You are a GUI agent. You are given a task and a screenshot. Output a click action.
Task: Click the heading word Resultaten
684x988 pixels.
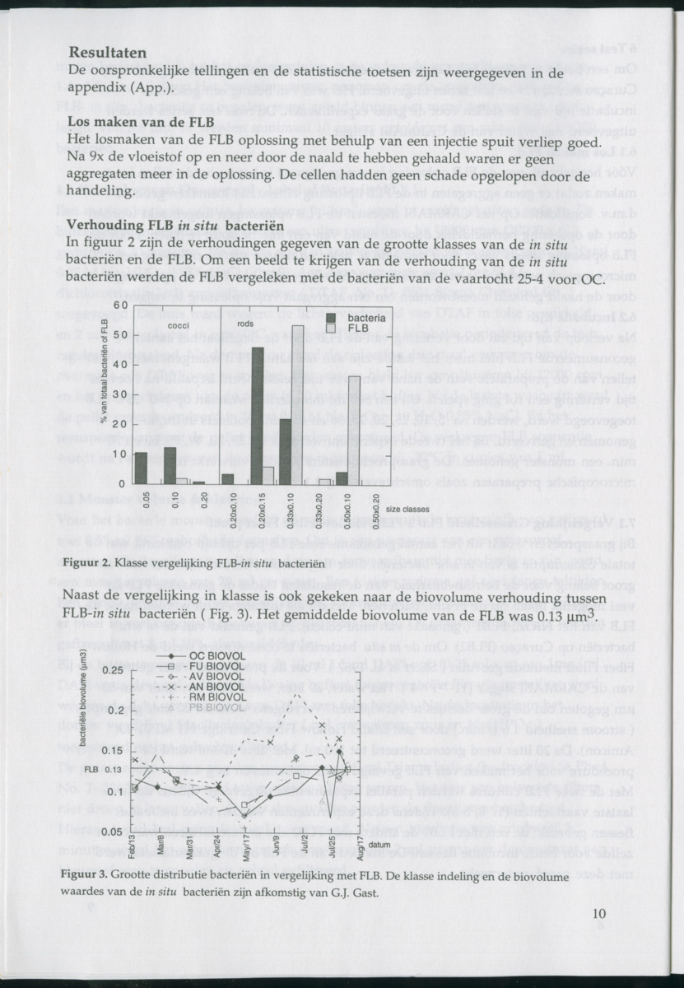tap(108, 53)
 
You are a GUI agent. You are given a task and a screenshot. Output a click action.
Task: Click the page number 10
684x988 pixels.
tap(598, 911)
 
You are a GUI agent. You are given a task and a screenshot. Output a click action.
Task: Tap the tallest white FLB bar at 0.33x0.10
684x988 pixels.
tap(297, 404)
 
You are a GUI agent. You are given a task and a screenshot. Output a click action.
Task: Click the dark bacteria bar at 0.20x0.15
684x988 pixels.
tap(258, 416)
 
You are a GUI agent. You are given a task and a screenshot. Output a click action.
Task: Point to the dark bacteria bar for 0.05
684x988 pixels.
tap(141, 468)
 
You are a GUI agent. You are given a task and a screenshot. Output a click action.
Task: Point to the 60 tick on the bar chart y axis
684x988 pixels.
tap(119, 305)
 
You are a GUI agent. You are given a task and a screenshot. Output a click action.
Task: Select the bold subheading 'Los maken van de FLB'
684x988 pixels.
tap(142, 123)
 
